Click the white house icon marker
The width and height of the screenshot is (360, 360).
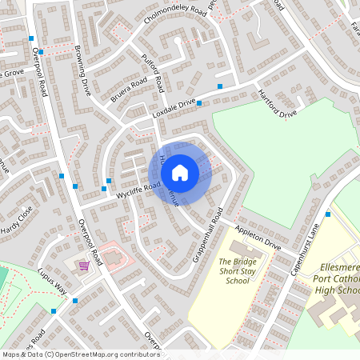coord(180,172)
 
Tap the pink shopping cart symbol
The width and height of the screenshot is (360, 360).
coord(83,265)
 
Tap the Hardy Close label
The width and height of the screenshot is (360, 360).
coord(18,220)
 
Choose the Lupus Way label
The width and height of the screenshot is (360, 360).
coord(51,282)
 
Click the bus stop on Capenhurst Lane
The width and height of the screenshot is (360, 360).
coord(328,214)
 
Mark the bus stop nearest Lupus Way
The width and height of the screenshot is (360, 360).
coord(75,301)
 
